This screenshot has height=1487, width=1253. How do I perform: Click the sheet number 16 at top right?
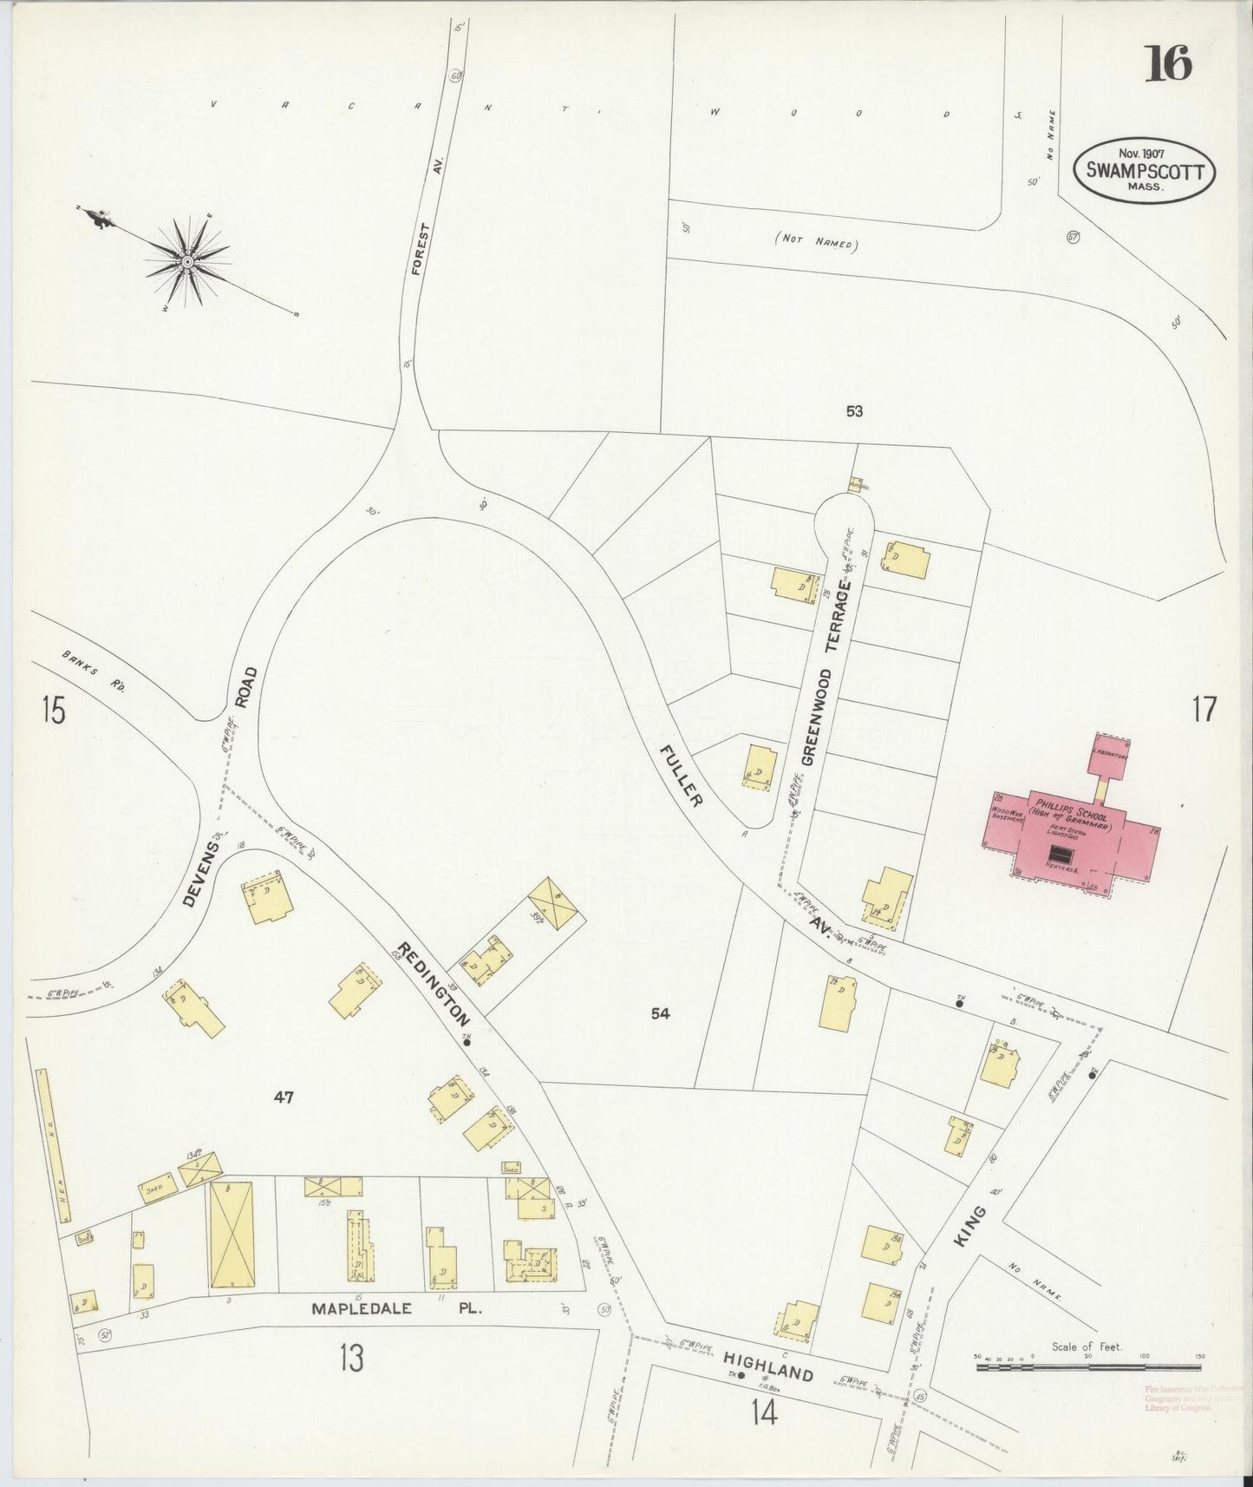1169,62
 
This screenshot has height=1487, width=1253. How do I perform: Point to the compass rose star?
186,260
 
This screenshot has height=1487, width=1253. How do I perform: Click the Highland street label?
768,1368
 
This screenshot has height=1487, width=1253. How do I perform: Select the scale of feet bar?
1088,1368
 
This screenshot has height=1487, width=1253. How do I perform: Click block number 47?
284,1097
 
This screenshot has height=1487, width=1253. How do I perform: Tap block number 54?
661,1012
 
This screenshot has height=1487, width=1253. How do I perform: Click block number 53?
855,411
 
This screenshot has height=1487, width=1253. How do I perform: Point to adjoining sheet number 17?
1204,710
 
